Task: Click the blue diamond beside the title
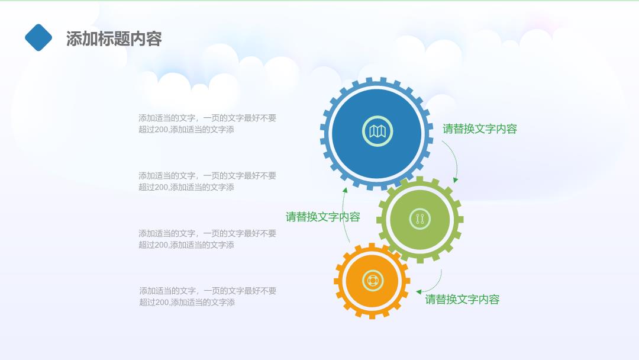pyautogui.click(x=38, y=37)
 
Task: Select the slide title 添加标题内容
pyautogui.click(x=114, y=38)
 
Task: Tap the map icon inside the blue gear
pyautogui.click(x=377, y=131)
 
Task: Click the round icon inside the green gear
pyautogui.click(x=419, y=219)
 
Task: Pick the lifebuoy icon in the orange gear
pyautogui.click(x=373, y=281)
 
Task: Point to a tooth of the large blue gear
pyautogui.click(x=382, y=80)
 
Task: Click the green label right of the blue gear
pyautogui.click(x=480, y=129)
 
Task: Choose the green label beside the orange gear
pyautogui.click(x=462, y=299)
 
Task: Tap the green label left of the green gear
pyautogui.click(x=323, y=217)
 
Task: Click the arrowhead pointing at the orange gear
pyautogui.click(x=418, y=291)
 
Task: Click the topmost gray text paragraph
pyautogui.click(x=208, y=124)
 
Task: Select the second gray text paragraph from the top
pyautogui.click(x=208, y=181)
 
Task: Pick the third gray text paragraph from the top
pyautogui.click(x=208, y=239)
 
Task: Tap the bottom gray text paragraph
pyautogui.click(x=208, y=297)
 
